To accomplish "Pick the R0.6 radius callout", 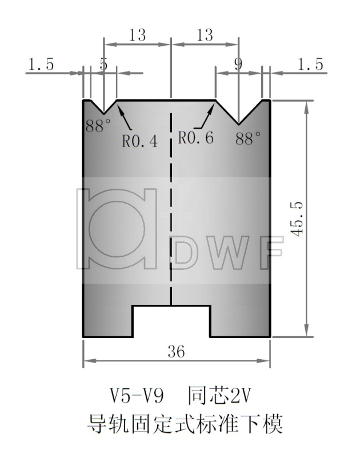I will click(195, 138).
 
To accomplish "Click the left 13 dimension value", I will click(137, 35).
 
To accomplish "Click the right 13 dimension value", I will click(205, 35).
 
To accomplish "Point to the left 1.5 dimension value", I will click(41, 65).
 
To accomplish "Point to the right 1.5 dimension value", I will click(310, 65).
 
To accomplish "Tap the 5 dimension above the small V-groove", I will click(103, 64).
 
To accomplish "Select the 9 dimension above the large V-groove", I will click(238, 64).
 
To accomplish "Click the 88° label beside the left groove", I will click(98, 125).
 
